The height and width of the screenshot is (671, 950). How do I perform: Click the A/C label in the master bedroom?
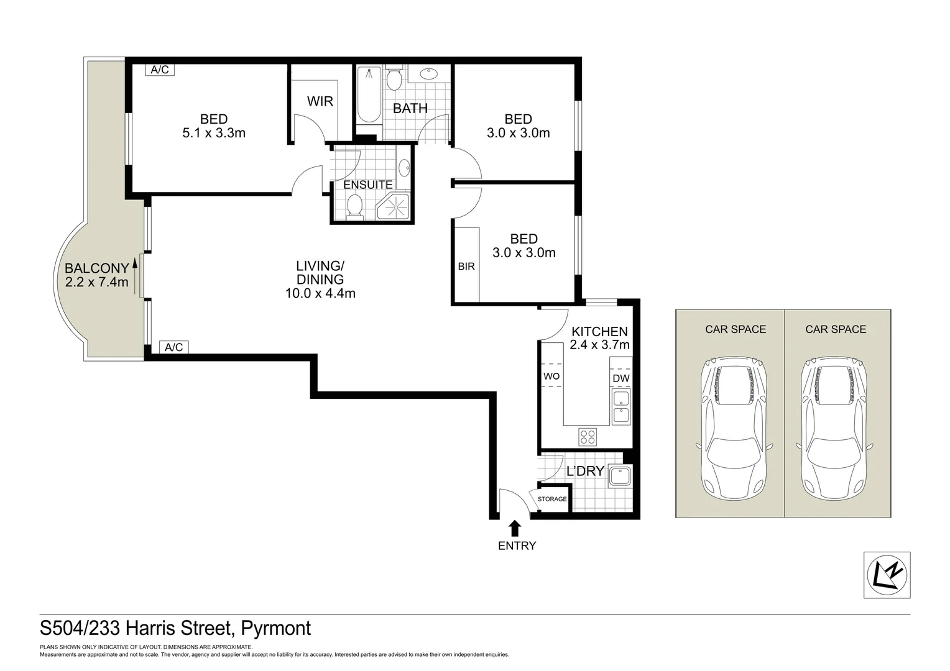pos(160,70)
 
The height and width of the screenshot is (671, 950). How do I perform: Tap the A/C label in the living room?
pos(174,347)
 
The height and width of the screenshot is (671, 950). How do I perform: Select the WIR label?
pos(320,101)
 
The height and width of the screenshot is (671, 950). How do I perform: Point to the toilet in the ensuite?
pos(355,206)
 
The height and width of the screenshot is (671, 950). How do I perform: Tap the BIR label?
pos(466,266)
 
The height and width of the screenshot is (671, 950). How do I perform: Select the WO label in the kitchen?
pos(551,376)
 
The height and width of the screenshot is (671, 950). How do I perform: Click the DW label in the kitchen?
pos(620,378)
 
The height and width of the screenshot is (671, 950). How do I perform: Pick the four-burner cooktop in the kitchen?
pos(588,437)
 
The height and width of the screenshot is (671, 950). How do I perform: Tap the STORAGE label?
pos(552,499)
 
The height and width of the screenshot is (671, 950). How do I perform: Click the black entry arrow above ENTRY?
pos(514,528)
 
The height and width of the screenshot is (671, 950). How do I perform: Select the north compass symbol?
pos(887,575)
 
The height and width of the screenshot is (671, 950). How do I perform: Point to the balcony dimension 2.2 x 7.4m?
pos(97,283)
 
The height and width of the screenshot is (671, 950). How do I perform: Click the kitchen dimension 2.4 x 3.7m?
pos(599,345)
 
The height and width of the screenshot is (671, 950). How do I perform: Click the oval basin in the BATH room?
pos(428,74)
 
